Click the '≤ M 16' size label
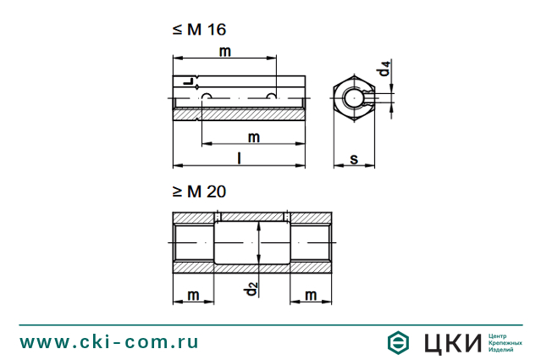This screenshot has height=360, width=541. pyautogui.click(x=199, y=30)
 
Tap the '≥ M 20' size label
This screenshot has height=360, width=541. pyautogui.click(x=199, y=192)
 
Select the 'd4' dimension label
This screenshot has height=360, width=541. pyautogui.click(x=385, y=69)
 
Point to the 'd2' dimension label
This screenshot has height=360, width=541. pyautogui.click(x=251, y=288)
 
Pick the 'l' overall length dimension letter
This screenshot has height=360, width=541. pyautogui.click(x=240, y=158)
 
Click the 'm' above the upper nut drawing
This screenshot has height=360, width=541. pyautogui.click(x=225, y=52)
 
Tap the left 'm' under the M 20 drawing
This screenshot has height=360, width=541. pyautogui.click(x=194, y=294)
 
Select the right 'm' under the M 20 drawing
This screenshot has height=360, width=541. pyautogui.click(x=311, y=294)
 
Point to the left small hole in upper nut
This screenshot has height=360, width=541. pyautogui.click(x=203, y=97)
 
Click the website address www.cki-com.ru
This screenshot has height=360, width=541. pyautogui.click(x=109, y=342)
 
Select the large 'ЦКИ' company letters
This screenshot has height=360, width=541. pyautogui.click(x=450, y=342)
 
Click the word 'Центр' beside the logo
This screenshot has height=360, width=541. pyautogui.click(x=498, y=335)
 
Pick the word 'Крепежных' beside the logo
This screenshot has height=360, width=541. pyautogui.click(x=505, y=342)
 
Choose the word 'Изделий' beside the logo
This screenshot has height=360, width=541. pyautogui.click(x=501, y=350)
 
